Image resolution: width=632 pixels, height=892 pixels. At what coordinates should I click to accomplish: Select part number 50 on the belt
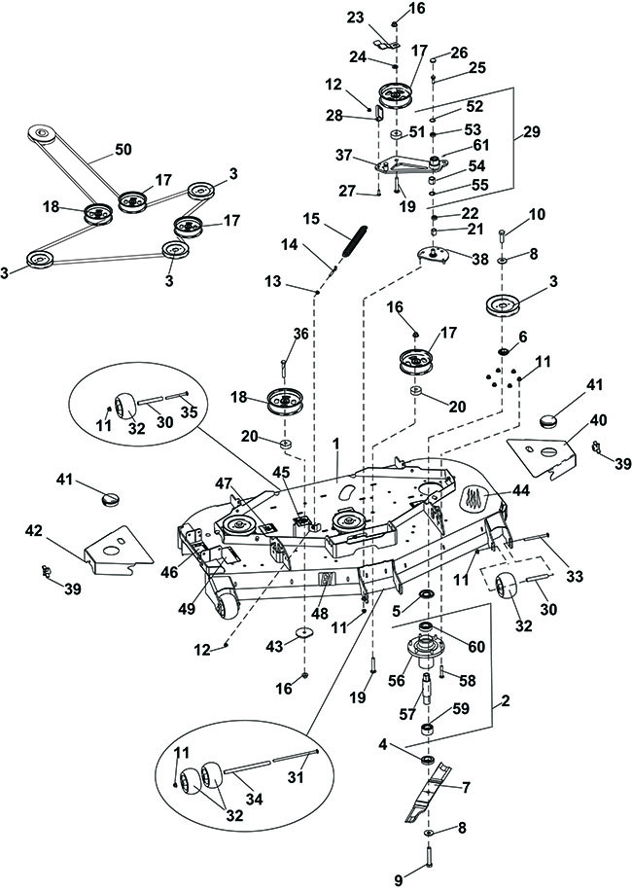(x=123, y=149)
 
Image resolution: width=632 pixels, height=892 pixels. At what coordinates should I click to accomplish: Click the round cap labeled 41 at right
(x=552, y=423)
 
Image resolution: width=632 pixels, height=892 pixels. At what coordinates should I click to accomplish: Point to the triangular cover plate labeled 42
(x=117, y=548)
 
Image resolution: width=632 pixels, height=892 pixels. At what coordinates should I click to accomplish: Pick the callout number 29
(x=533, y=131)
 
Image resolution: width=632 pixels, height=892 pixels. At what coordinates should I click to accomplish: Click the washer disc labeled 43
(x=305, y=632)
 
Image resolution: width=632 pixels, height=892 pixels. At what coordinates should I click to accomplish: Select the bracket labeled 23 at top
(x=386, y=44)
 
